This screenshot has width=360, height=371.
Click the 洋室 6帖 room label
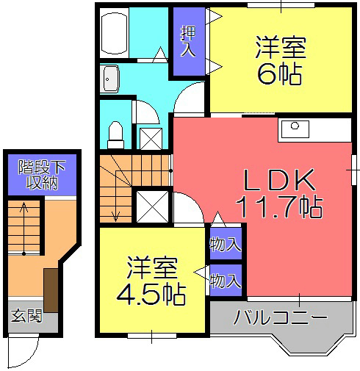[280, 60]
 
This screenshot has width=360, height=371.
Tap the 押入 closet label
[188, 41]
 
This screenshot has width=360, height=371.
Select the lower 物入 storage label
[225, 280]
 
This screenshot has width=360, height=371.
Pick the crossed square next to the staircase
[152, 206]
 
